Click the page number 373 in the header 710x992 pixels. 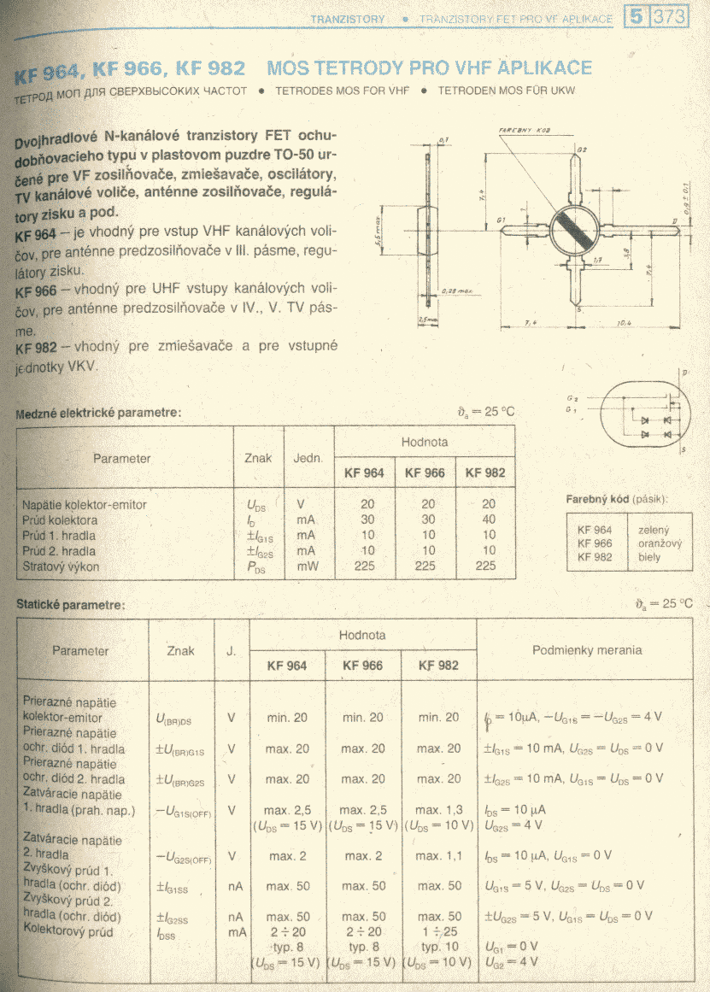[669, 17]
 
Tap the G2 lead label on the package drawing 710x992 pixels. [582, 150]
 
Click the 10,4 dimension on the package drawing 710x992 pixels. [624, 322]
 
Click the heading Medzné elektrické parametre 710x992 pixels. [98, 413]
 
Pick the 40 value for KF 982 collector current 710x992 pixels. [489, 519]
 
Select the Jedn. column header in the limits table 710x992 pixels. [308, 458]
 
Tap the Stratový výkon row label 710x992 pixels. [61, 566]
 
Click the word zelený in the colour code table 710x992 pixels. [654, 530]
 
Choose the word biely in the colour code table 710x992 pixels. [649, 557]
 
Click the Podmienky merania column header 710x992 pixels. [586, 649]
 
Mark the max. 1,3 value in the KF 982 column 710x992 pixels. [441, 809]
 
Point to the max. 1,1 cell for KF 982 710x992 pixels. [441, 855]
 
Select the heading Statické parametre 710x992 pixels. [70, 604]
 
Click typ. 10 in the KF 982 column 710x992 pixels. [441, 947]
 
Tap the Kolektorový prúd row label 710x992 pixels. [67, 931]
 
